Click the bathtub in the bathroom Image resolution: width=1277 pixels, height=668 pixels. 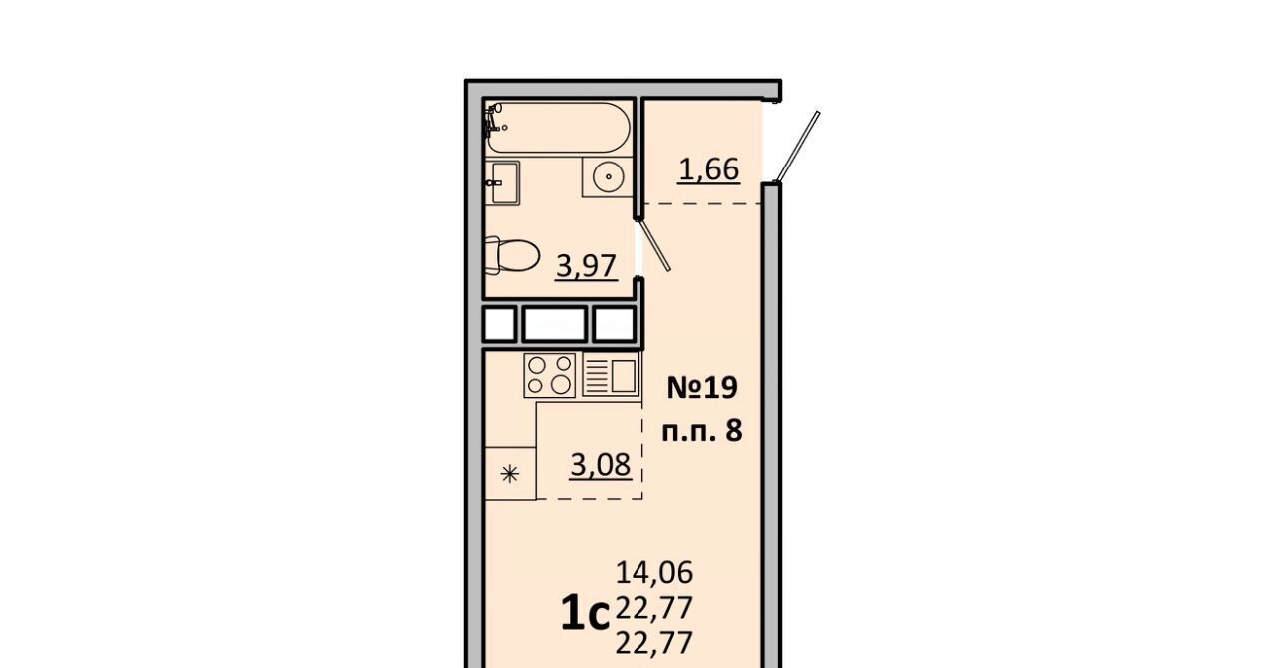pos(558,127)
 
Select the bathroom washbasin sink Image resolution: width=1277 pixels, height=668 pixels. pos(502,182)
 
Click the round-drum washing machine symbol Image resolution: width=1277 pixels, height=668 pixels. pos(608,177)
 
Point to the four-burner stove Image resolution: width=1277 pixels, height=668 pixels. pos(549,375)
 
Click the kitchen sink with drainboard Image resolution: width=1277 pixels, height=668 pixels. pos(611,375)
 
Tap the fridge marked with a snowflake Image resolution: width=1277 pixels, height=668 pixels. pos(510,473)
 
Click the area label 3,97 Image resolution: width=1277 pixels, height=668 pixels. pos(586,266)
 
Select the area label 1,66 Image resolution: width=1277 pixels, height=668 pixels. pos(709,169)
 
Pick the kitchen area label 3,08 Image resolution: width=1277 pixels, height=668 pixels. pos(601,464)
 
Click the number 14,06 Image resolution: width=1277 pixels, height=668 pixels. pos(654,573)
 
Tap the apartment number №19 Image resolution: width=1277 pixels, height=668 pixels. pos(702,388)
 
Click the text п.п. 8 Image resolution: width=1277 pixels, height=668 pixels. pos(702,431)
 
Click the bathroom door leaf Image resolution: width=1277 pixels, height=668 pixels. pos(655,245)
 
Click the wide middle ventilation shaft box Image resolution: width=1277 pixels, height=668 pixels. pos(554,325)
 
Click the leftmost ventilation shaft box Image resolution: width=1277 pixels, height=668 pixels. pos(500,325)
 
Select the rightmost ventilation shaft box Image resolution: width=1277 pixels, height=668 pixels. pos(614,325)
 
